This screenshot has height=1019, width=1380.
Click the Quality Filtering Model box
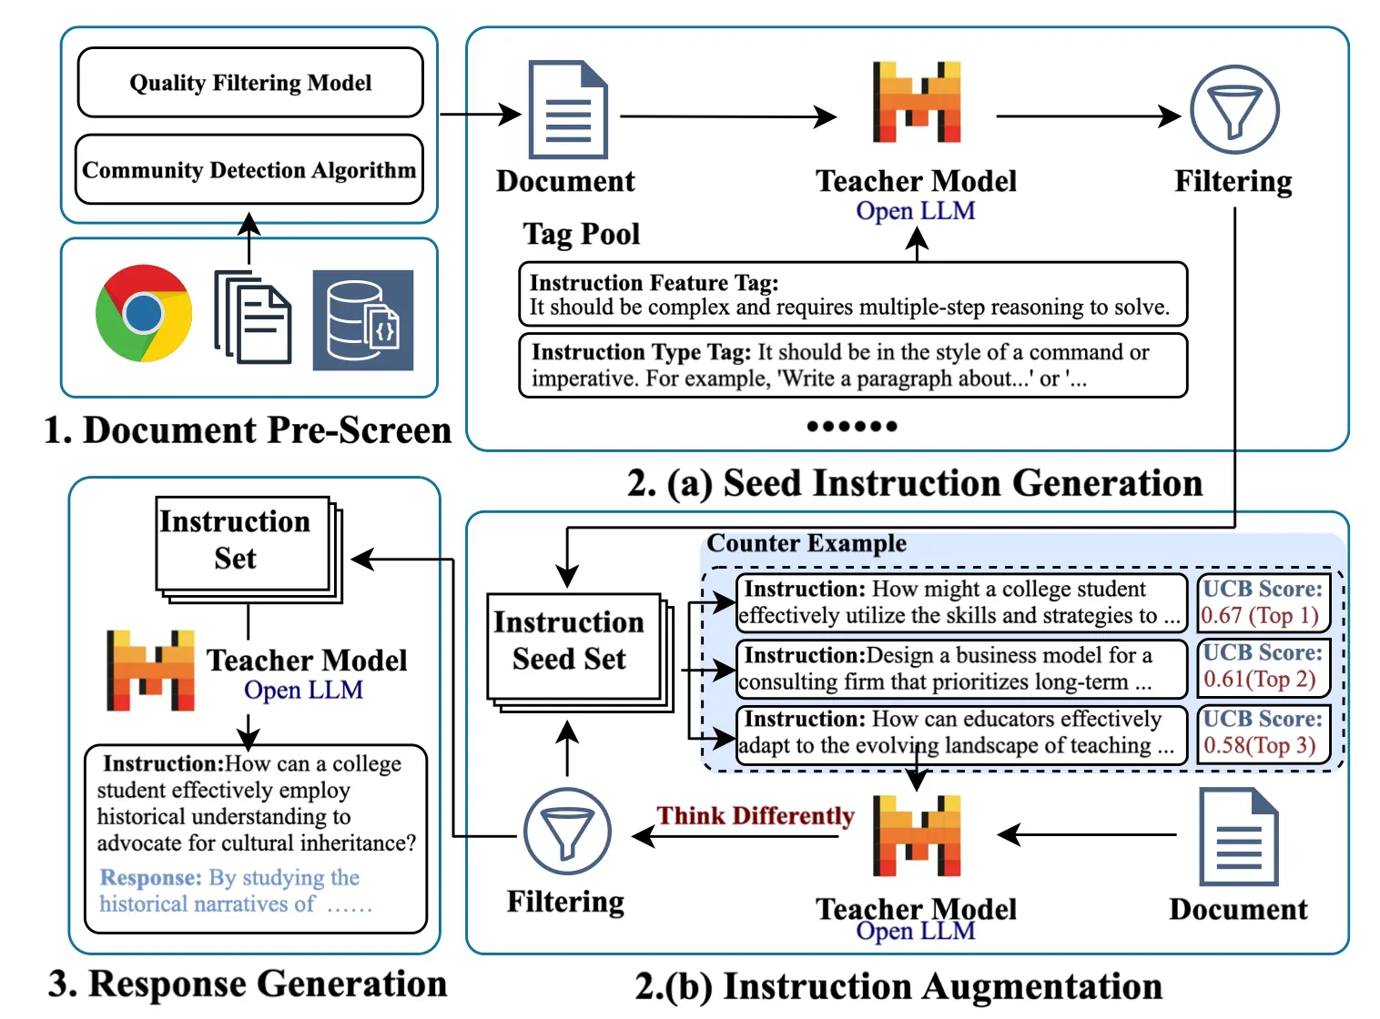tap(250, 83)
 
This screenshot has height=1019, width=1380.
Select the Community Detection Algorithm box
tap(249, 170)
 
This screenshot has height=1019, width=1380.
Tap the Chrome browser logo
tap(144, 313)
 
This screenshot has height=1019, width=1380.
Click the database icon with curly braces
tap(362, 320)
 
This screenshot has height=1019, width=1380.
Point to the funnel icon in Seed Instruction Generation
tap(1234, 110)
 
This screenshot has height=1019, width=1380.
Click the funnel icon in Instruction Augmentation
tap(566, 831)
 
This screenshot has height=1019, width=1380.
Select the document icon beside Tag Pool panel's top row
tap(568, 110)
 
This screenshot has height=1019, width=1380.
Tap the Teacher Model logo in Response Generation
tap(150, 670)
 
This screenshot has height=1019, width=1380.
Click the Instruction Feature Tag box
tap(852, 295)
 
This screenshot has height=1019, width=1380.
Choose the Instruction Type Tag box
tap(852, 365)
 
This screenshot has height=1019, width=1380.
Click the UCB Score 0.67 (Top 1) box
tap(1262, 602)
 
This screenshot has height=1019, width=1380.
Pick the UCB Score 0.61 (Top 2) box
tap(1262, 666)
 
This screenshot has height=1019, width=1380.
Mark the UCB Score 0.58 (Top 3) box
tap(1262, 732)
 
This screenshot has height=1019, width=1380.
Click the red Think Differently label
tap(756, 816)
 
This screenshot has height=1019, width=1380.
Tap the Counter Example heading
tap(807, 544)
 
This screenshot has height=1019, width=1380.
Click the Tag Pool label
tap(582, 235)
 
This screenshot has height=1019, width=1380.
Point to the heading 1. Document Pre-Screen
tap(248, 430)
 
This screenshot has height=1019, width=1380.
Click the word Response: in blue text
tap(150, 878)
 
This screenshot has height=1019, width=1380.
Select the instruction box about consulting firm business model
tap(960, 669)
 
